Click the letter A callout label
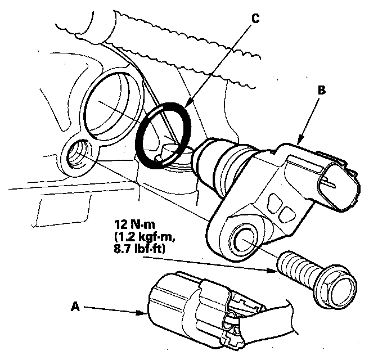pos(75,307)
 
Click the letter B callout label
pos(322,89)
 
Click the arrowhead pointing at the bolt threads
pos(276,270)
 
